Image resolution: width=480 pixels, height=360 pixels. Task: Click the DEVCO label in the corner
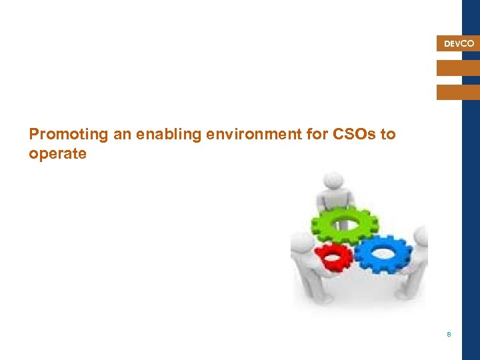tap(459, 44)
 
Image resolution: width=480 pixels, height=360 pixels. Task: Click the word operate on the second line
tap(57, 153)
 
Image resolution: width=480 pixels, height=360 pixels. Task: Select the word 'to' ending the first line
tap(388, 135)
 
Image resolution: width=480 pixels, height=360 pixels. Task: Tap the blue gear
tap(383, 253)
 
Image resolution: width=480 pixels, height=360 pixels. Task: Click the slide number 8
tap(449, 334)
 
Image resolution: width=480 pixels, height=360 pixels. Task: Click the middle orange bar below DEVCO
tap(458, 68)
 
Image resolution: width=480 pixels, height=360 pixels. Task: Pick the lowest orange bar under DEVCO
tap(458, 92)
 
